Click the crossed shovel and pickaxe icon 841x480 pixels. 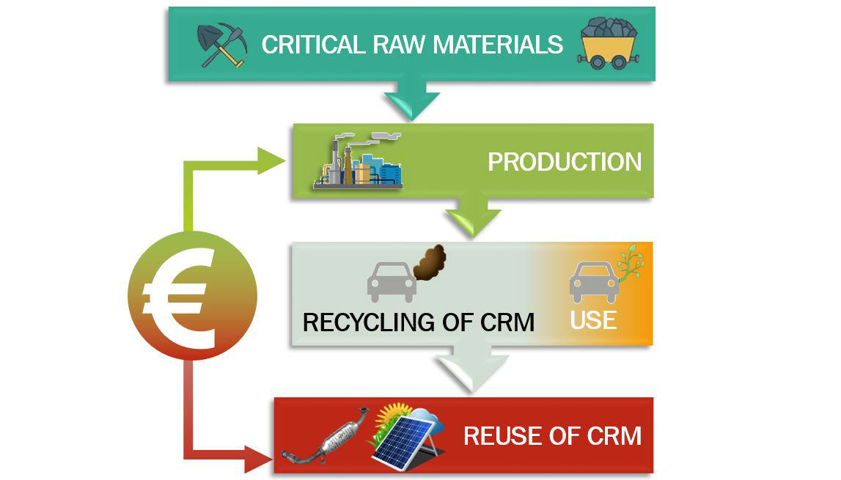click(221, 45)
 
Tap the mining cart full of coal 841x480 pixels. click(609, 43)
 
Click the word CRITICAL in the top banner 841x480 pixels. click(312, 45)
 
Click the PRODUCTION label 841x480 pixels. click(565, 162)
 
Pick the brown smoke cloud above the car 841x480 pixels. click(429, 263)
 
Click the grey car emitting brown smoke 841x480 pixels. click(392, 282)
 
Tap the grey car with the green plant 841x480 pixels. click(594, 282)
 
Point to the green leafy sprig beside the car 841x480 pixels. click(631, 262)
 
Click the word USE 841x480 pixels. click(593, 320)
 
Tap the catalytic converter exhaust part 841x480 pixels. click(326, 436)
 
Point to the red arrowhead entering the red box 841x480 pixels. click(259, 459)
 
